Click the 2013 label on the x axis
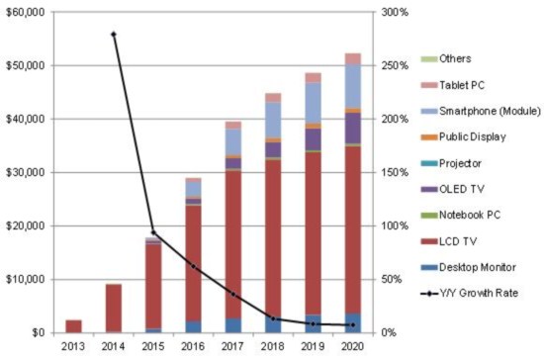[73, 346]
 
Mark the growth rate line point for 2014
[114, 34]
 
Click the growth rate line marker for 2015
[153, 232]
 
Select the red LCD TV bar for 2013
[73, 325]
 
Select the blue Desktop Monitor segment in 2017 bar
[233, 324]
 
